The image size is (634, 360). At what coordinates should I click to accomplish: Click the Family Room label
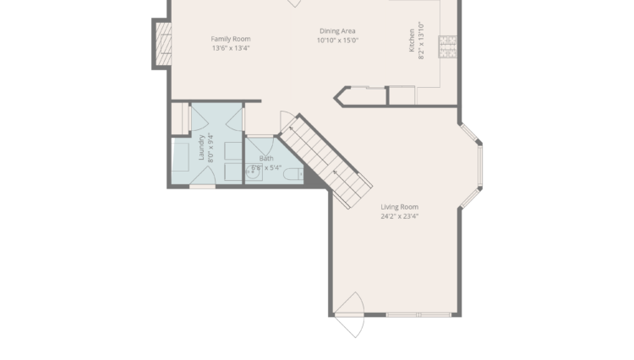coord(230,38)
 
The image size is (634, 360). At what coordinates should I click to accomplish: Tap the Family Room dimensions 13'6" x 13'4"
coord(230,48)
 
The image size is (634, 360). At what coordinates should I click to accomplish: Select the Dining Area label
coord(337,30)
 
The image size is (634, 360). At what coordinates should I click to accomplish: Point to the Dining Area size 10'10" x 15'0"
coord(337,41)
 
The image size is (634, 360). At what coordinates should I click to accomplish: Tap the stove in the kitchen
coord(447,48)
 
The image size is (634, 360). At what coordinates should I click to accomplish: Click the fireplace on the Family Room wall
coord(161,43)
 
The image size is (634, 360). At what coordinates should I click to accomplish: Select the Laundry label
coord(201,147)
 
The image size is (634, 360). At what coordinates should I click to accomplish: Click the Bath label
coord(266,158)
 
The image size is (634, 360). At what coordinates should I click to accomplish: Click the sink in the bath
coord(253,172)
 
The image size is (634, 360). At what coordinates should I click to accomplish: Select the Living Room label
coord(399,207)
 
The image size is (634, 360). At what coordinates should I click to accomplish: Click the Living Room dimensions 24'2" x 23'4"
coord(399,216)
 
